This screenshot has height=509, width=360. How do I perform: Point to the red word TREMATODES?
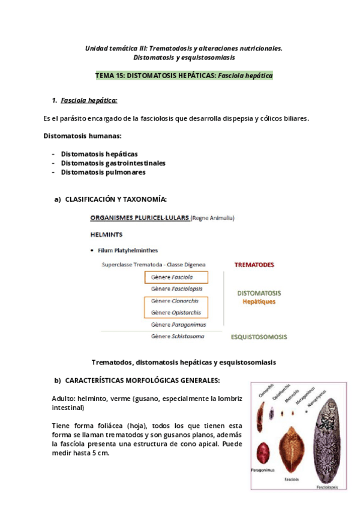pyautogui.click(x=254, y=264)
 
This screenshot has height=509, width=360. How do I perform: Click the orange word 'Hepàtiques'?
pyautogui.click(x=259, y=302)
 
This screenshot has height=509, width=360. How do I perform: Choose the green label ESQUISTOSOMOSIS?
pyautogui.click(x=259, y=337)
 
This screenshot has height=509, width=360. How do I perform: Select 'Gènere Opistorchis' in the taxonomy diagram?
pyautogui.click(x=176, y=313)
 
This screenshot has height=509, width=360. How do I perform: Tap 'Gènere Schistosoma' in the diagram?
pyautogui.click(x=178, y=337)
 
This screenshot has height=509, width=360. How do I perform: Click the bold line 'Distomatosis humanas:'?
pyautogui.click(x=82, y=136)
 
